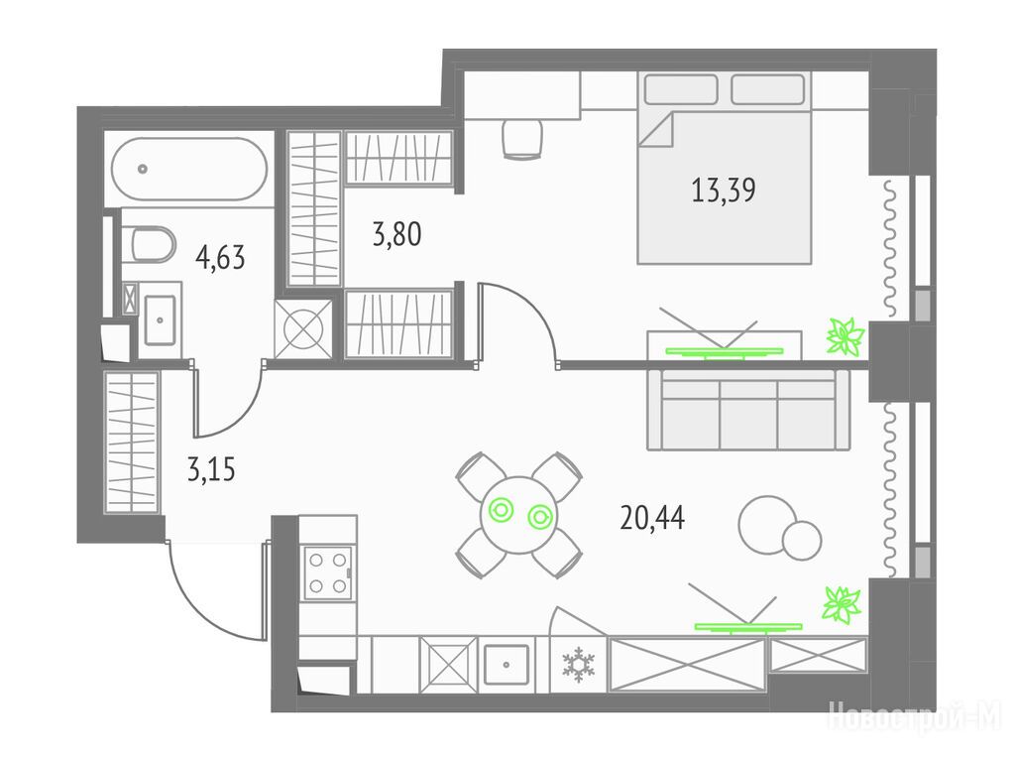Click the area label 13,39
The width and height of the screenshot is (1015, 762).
723,190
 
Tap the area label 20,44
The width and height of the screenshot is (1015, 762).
652,518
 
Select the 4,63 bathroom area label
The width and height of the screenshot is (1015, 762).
220,258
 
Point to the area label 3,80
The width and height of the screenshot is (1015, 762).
396,234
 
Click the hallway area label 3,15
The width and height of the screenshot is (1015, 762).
211,469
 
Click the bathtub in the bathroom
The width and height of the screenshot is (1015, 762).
189,169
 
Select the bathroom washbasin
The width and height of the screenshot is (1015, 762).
160,319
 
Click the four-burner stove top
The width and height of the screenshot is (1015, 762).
328,572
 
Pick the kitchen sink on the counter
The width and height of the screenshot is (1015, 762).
506,664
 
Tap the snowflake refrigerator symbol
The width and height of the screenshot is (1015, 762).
578,666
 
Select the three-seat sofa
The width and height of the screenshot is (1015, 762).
748,410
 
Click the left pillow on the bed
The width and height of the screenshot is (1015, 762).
681,89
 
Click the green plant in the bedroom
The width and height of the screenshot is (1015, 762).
846,337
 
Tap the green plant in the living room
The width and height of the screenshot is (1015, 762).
842,605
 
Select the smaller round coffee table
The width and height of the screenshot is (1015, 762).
801,540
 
